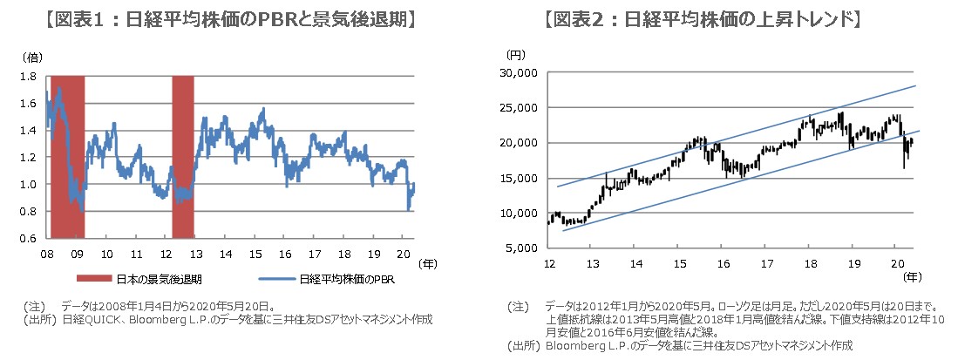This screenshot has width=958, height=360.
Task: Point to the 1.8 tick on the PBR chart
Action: coord(28,77)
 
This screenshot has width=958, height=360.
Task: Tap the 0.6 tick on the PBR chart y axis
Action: coord(28,239)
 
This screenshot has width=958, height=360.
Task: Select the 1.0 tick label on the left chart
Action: coord(28,185)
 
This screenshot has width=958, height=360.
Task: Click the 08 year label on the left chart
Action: coord(45,254)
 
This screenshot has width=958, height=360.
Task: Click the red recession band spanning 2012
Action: coord(182,157)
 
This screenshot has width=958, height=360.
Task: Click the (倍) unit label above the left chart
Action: coord(31,57)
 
